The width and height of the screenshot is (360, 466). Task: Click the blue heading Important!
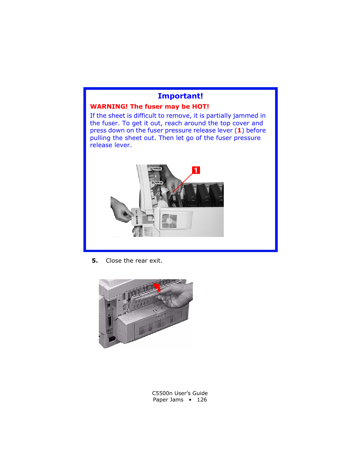click(180, 96)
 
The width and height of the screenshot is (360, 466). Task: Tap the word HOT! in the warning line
click(200, 107)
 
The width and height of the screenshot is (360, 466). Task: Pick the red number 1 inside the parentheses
click(239, 131)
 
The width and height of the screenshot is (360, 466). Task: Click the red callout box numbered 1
click(196, 170)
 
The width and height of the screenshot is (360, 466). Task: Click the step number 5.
click(95, 261)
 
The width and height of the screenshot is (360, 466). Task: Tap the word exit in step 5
click(155, 261)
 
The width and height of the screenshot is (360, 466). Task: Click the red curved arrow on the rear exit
click(157, 288)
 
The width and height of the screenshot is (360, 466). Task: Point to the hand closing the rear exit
click(177, 295)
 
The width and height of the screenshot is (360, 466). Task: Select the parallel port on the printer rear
click(109, 321)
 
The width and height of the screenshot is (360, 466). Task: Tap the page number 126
click(202, 400)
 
